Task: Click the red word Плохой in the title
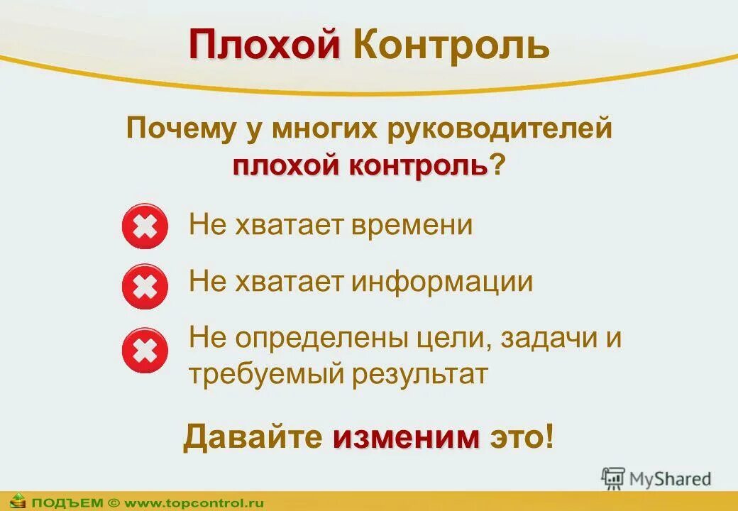point(264,45)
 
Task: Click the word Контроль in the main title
point(451,45)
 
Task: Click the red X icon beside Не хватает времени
point(145,227)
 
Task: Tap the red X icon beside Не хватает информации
point(145,287)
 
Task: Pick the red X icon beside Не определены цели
point(145,350)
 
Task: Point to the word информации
point(441,282)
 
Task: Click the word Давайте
point(253,436)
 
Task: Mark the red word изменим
point(407,436)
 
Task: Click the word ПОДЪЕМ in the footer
point(67,502)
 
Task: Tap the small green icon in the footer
point(17,502)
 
